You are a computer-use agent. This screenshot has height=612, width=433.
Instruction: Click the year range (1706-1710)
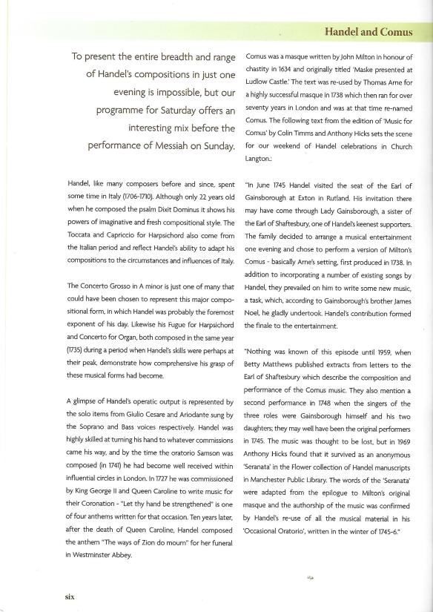[150, 194]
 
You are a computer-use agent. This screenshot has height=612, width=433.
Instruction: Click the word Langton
[259, 158]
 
